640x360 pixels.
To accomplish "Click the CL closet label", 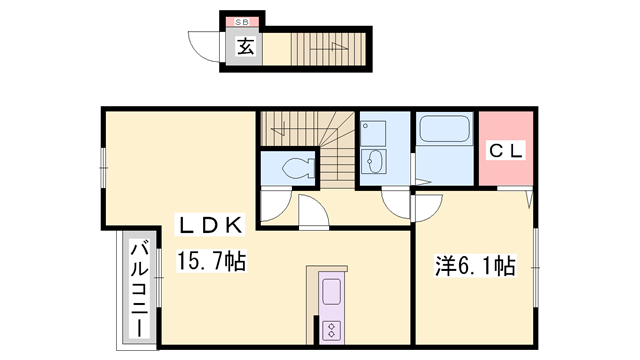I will [505, 152].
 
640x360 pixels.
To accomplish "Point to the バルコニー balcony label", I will [140, 290].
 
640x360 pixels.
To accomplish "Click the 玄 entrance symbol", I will [243, 45].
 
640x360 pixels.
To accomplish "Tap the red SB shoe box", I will [242, 21].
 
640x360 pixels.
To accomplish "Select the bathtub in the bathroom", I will [445, 130].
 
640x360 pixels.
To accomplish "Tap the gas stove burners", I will [331, 329].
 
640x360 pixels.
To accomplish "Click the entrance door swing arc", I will [206, 47].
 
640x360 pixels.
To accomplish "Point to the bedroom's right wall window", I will [537, 265].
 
